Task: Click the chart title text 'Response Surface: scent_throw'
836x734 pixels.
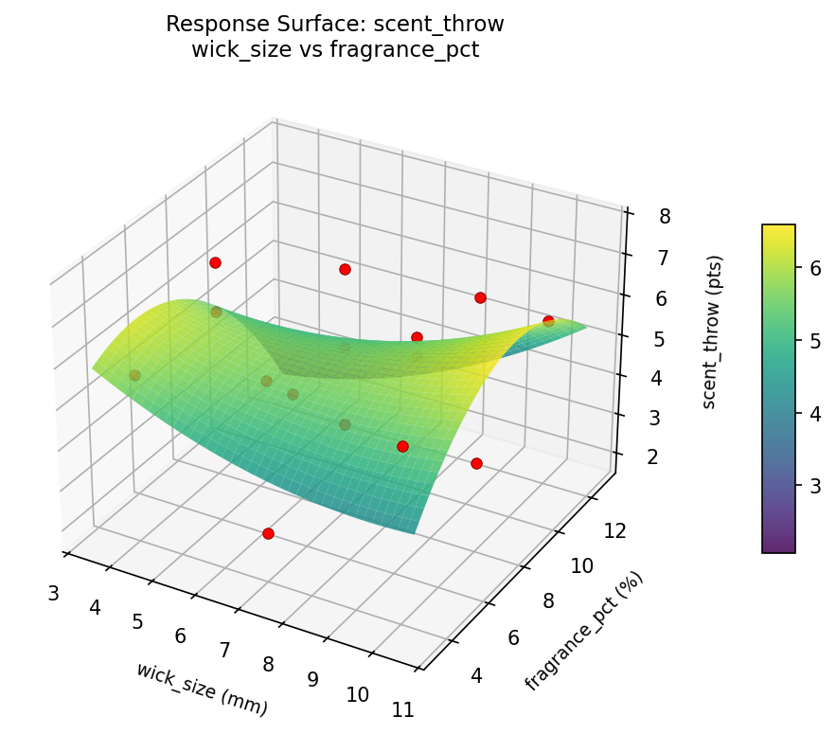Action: pos(334,24)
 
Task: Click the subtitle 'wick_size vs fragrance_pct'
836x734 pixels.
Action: pos(334,50)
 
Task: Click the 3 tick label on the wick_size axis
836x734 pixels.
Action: pos(53,594)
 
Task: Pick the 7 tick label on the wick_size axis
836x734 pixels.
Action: pos(225,650)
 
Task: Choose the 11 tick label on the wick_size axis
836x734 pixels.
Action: pos(402,709)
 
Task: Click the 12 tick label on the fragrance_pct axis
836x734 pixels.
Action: pos(614,531)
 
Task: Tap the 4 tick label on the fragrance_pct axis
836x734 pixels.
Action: pos(477,675)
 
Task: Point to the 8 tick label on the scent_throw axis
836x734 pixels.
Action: pos(665,217)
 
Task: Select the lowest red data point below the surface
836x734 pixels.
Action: pos(268,533)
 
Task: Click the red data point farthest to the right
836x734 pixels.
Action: pos(548,321)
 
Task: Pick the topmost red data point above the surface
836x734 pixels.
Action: pos(215,262)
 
